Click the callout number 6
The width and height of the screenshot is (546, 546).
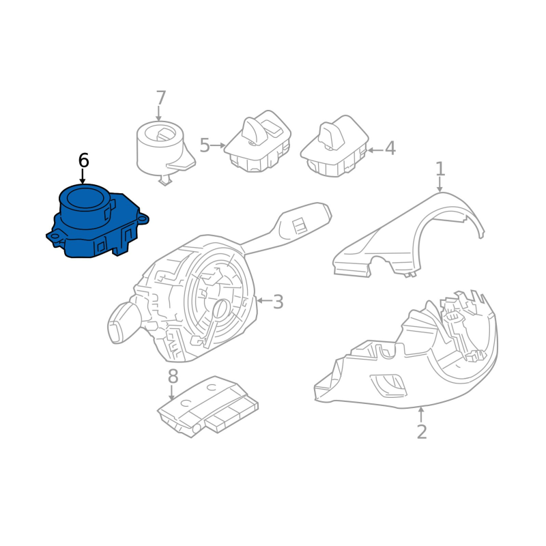83,160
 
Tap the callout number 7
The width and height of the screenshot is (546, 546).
160,98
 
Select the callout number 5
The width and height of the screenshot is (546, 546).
205,145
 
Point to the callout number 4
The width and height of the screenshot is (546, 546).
390,148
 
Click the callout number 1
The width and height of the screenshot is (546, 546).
440,169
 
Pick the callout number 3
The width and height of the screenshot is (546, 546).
278,302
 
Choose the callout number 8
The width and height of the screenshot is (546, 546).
173,377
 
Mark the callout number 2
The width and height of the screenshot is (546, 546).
422,432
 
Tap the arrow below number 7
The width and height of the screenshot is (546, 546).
159,113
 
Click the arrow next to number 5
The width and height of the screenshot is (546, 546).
218,145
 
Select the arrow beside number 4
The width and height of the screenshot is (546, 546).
375,150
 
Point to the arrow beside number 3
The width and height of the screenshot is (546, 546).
264,300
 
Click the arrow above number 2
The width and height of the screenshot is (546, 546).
421,414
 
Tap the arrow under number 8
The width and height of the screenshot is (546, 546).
171,392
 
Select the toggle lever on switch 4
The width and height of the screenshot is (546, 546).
331,135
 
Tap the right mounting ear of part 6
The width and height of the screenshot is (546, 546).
143,218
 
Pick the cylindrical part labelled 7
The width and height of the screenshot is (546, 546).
164,149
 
